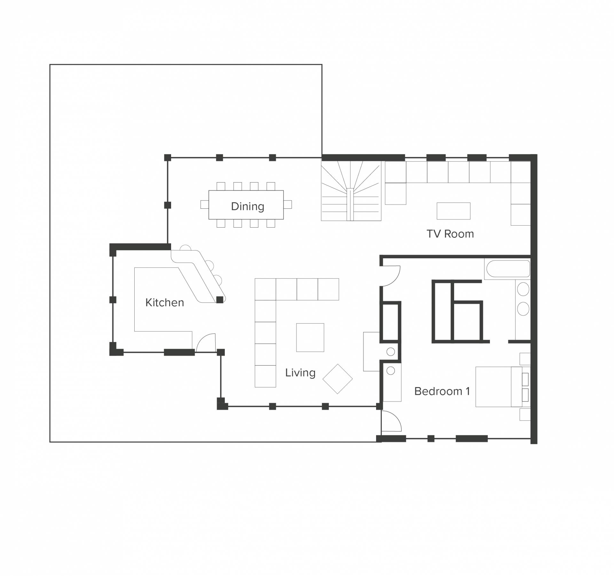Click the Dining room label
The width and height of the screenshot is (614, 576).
[x=248, y=206]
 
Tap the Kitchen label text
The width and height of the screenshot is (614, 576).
[x=165, y=302]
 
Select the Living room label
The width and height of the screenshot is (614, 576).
[x=300, y=373]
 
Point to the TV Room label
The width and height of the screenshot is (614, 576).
[x=450, y=234]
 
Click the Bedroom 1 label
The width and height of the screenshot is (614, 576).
[x=442, y=391]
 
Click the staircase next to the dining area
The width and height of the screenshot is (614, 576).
[x=351, y=191]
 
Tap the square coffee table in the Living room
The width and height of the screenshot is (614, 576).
[x=310, y=338]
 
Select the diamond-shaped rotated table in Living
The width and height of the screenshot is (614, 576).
[x=337, y=379]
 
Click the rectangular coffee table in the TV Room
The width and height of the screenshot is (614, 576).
[x=453, y=211]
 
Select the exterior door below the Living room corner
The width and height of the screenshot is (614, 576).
[x=391, y=421]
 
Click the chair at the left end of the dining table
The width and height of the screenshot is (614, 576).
[x=205, y=205]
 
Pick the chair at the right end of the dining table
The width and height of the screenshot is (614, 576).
[x=287, y=205]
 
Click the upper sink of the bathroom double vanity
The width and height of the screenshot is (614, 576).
[x=523, y=289]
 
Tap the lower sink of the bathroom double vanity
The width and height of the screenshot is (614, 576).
[x=523, y=309]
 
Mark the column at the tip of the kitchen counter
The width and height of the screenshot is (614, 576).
[x=220, y=300]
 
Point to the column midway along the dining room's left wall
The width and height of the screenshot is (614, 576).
[x=168, y=205]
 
